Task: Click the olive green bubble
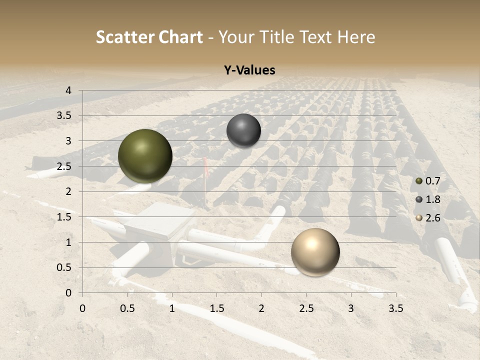pyautogui.click(x=145, y=156)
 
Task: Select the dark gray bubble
pyautogui.click(x=243, y=130)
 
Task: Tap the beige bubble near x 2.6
pyautogui.click(x=315, y=252)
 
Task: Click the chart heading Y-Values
pyautogui.click(x=249, y=70)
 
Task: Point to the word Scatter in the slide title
pyautogui.click(x=125, y=37)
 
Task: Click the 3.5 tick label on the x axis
pyautogui.click(x=395, y=308)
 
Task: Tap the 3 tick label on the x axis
pyautogui.click(x=351, y=308)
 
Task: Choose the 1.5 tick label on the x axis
pyautogui.click(x=217, y=308)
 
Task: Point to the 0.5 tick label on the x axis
pyautogui.click(x=127, y=308)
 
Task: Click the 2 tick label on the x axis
pyautogui.click(x=261, y=308)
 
